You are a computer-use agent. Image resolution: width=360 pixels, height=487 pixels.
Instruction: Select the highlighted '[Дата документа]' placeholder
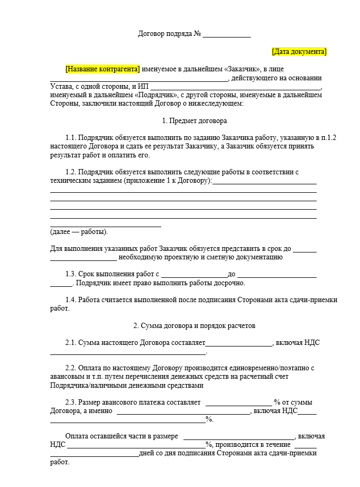[299, 52]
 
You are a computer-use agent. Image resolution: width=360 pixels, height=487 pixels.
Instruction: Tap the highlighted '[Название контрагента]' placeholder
[103, 69]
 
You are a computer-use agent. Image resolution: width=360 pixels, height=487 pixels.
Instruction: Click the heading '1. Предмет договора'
[194, 120]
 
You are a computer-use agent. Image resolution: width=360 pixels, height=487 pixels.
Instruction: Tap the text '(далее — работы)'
[79, 232]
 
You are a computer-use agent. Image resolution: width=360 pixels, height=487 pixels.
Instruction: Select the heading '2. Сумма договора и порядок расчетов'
[194, 325]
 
